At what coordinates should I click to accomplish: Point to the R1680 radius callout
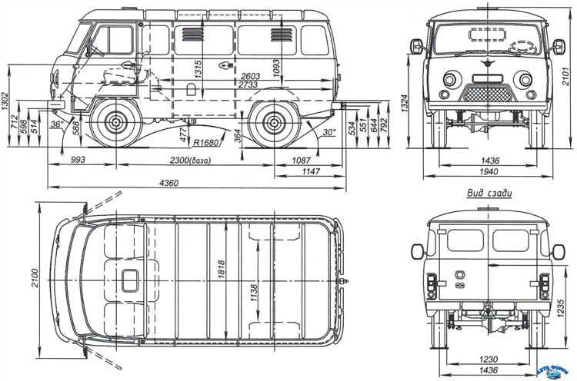205,142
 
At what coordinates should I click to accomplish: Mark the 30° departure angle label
330,132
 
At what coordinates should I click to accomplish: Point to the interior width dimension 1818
222,268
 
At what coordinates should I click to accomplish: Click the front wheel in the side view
116,121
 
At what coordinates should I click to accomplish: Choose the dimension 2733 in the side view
248,86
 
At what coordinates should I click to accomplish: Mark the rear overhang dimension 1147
311,172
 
